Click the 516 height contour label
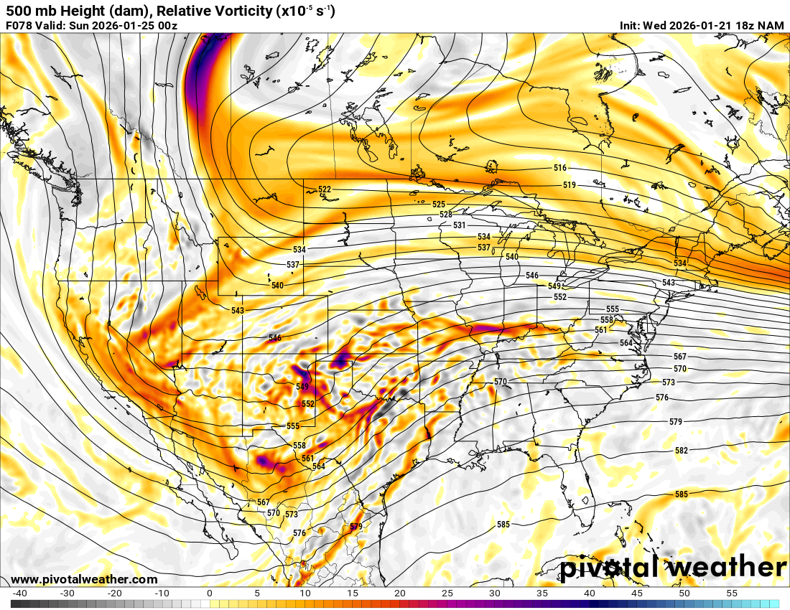[x=560, y=168]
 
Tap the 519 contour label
[x=570, y=185]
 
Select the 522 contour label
[x=325, y=190]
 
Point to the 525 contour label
[x=439, y=205]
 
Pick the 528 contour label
[x=446, y=215]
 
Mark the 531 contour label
[x=460, y=225]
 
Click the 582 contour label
[x=682, y=451]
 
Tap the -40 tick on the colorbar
[x=20, y=593]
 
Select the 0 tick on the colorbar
[x=209, y=593]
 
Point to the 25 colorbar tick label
[x=447, y=593]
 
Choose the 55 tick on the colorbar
[x=732, y=593]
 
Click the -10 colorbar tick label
[x=162, y=593]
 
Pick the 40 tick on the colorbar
[x=589, y=593]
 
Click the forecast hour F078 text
[x=19, y=26]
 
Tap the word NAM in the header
[x=771, y=26]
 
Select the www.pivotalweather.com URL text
[x=84, y=579]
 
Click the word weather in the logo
[x=730, y=568]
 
